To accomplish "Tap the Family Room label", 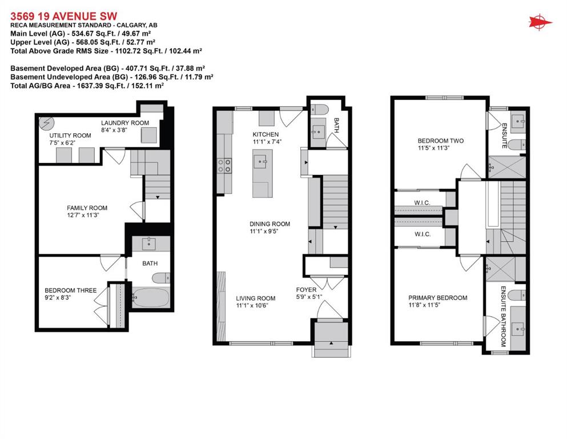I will click(x=87, y=208).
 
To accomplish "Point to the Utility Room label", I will click(x=70, y=135).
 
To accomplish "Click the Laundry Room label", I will click(x=125, y=123).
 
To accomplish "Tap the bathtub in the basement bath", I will click(x=151, y=298).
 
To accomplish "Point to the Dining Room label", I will click(x=270, y=224).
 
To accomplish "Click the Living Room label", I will click(x=256, y=298).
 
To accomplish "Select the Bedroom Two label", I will click(x=440, y=141).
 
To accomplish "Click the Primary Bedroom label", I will click(x=437, y=298).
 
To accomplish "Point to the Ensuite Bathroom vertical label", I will click(x=504, y=316).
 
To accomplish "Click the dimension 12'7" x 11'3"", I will click(x=87, y=215).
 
